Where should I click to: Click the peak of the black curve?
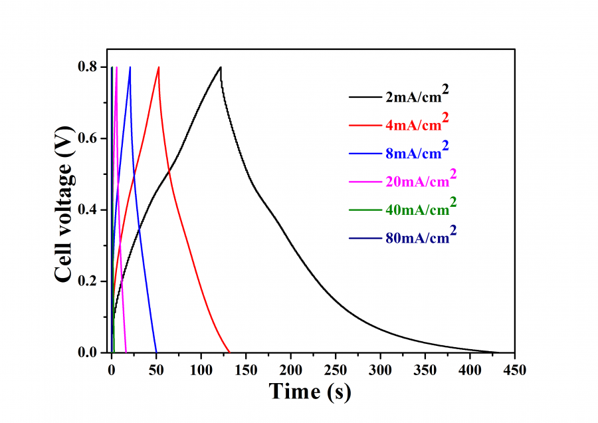[220, 67]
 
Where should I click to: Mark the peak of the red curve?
[159, 67]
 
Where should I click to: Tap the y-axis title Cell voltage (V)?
[64, 210]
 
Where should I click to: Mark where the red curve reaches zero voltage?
[229, 352]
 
